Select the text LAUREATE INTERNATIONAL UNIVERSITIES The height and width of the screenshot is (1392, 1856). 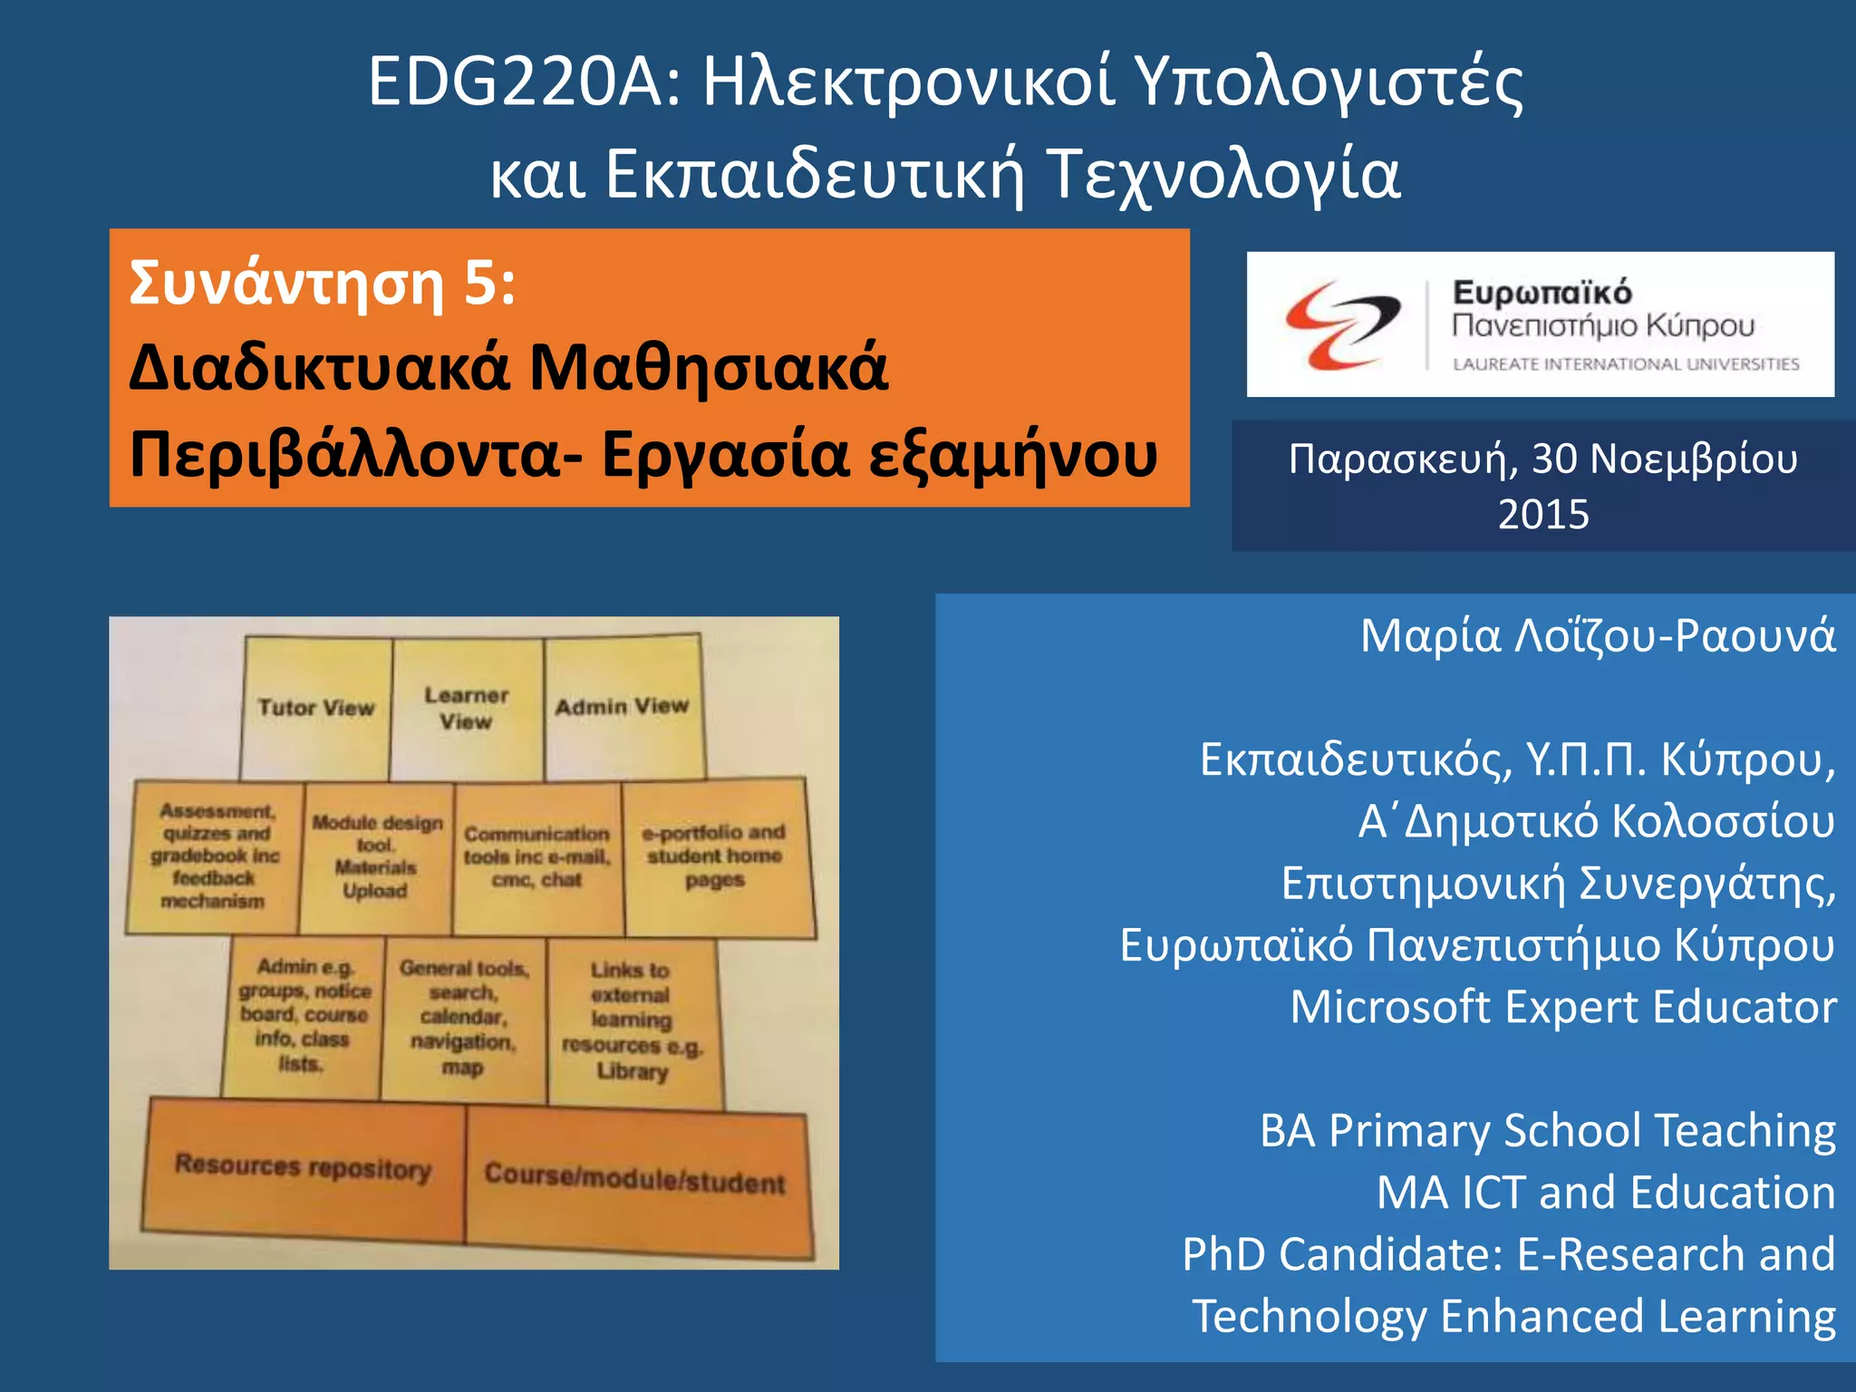point(1626,364)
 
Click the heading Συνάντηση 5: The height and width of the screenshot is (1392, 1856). point(323,283)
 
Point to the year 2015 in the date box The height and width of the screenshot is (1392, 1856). point(1542,515)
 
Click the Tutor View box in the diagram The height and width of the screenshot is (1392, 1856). point(316,708)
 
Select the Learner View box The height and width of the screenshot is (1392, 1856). point(467,708)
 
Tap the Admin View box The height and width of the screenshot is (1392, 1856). point(623,706)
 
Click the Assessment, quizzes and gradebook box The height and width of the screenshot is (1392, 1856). point(215,855)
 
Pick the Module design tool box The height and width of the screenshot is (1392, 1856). point(376,856)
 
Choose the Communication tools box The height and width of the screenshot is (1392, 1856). point(537,856)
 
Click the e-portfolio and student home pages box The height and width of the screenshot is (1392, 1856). point(715,856)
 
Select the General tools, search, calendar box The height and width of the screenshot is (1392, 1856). point(463,1018)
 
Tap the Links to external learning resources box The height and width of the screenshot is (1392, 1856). point(632,1020)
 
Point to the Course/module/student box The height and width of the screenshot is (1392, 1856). point(634,1178)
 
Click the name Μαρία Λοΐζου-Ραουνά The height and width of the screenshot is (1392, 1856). point(1598,636)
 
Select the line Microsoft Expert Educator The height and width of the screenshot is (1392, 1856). point(1563,1007)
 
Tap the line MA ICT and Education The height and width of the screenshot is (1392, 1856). point(1606,1193)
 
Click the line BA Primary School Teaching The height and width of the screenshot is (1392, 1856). point(1547,1131)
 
